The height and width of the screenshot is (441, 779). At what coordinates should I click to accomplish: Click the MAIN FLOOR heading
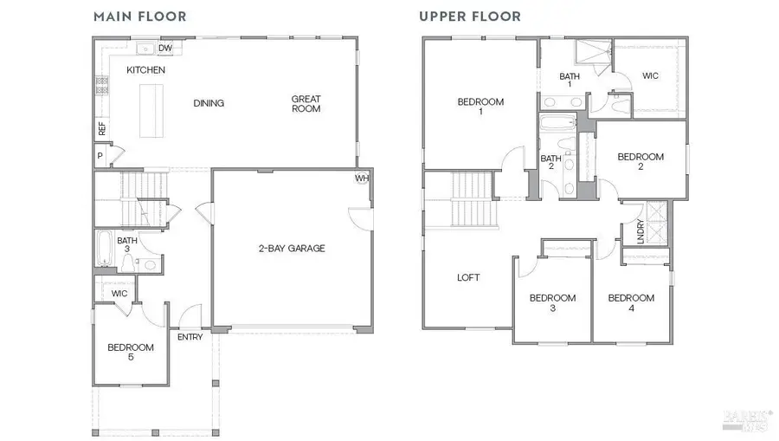139,16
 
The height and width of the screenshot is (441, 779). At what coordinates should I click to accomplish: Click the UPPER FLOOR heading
470,16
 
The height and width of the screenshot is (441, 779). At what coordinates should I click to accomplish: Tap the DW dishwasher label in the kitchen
165,49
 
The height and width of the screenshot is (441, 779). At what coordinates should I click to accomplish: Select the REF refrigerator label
102,128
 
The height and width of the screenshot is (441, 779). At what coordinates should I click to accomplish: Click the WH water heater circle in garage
361,179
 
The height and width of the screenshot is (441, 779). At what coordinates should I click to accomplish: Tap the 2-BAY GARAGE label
292,249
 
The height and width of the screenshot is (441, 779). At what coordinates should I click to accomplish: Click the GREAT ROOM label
306,104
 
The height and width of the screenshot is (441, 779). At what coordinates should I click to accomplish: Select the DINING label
209,104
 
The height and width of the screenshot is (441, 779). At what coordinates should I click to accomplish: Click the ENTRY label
190,337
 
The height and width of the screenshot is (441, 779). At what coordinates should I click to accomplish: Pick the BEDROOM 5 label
130,352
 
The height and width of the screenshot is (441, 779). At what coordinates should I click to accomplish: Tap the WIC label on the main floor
119,294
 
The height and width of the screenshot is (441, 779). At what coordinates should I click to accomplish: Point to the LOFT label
468,278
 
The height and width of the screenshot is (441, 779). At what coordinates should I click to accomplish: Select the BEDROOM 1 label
480,107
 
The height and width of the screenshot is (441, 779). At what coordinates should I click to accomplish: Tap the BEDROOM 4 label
631,302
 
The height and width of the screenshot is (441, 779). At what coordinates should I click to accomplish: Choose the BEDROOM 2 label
641,162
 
